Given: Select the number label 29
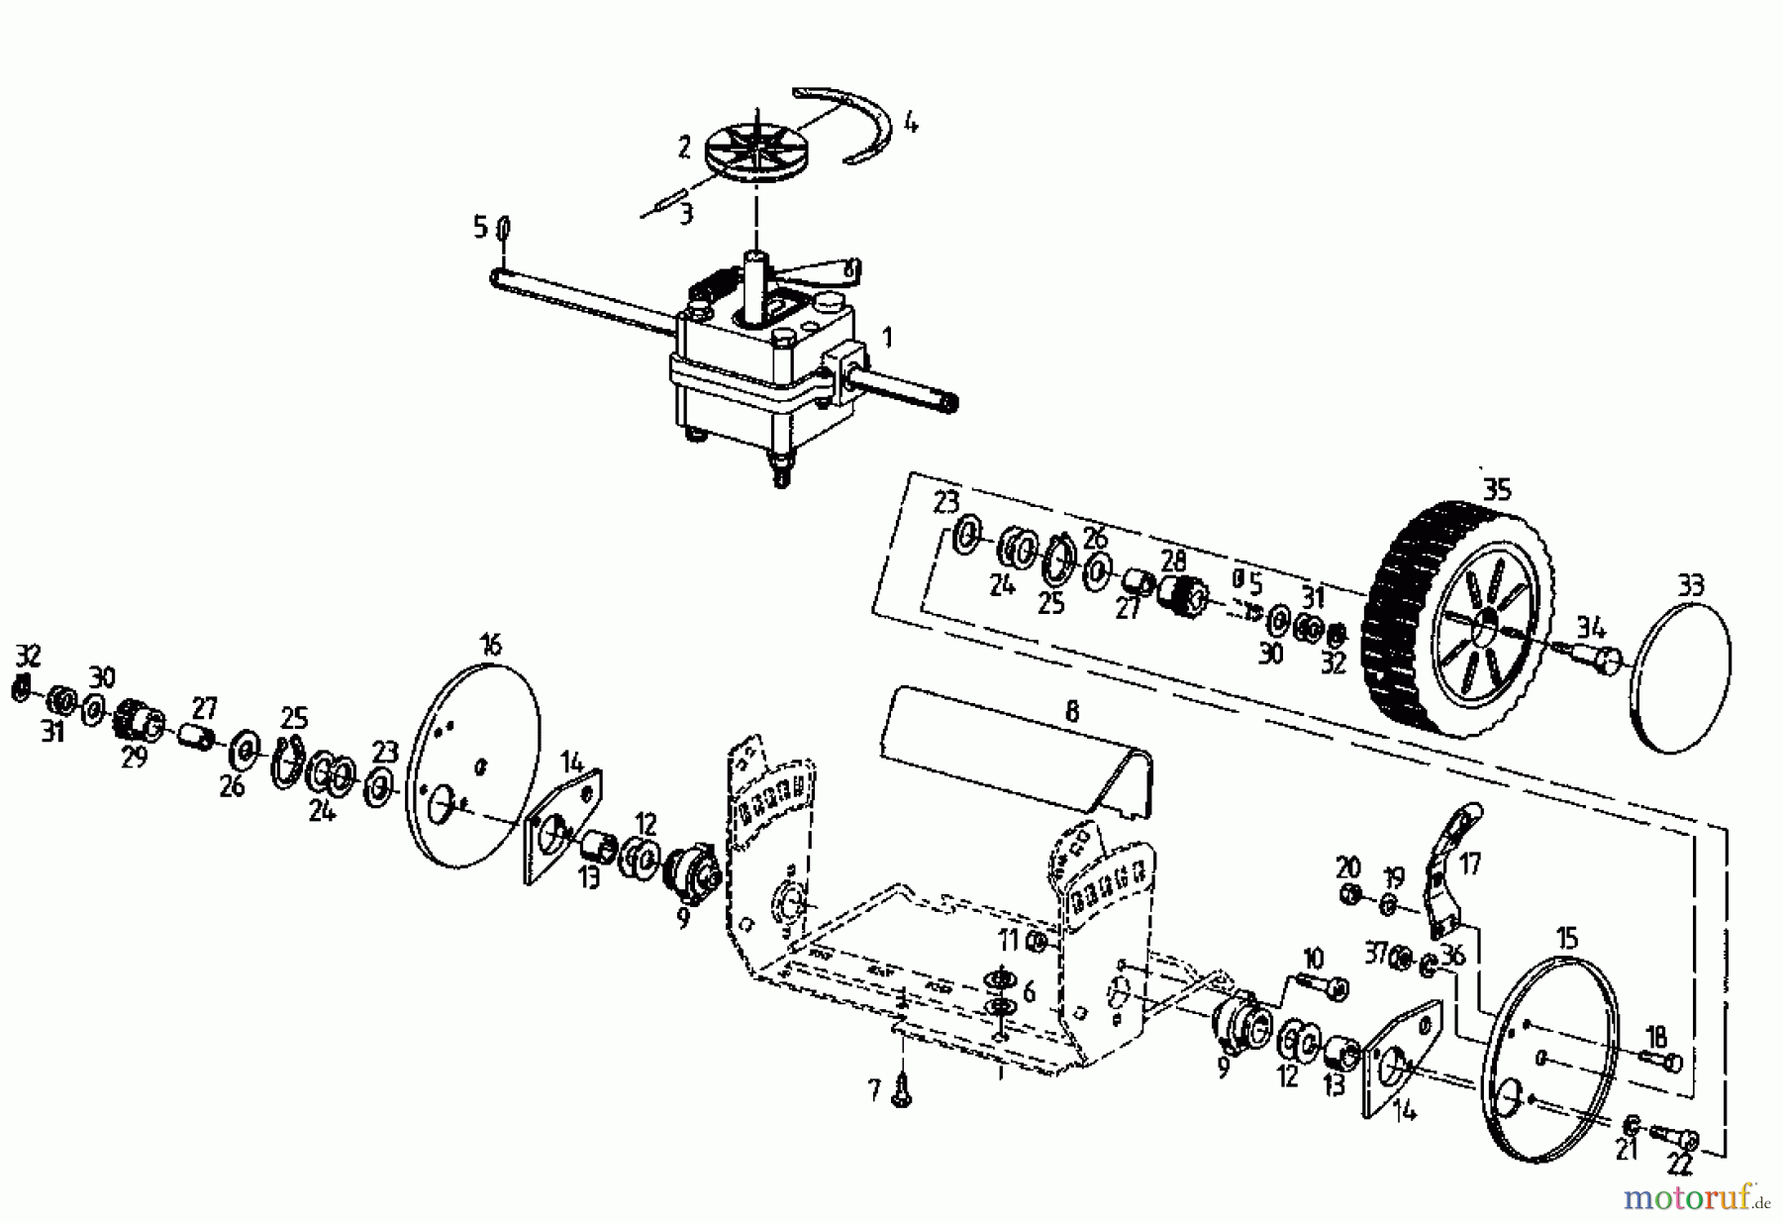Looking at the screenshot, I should [134, 759].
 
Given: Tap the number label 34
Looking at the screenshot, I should [1591, 626].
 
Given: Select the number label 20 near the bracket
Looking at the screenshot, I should [1347, 867].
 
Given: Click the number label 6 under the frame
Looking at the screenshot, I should [1029, 991].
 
